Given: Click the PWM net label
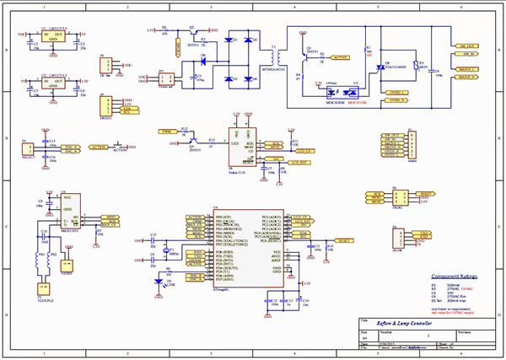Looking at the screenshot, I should click(168, 132).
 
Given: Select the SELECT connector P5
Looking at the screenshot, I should click(24, 148).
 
